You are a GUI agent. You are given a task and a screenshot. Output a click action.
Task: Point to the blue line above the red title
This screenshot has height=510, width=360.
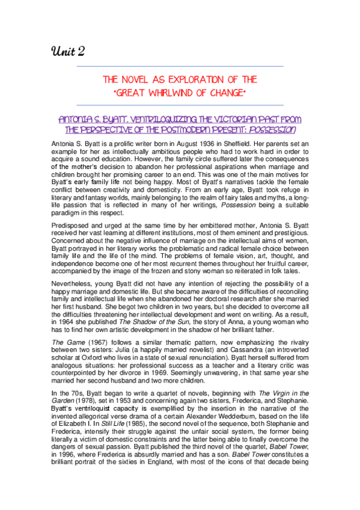click(180, 66)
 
